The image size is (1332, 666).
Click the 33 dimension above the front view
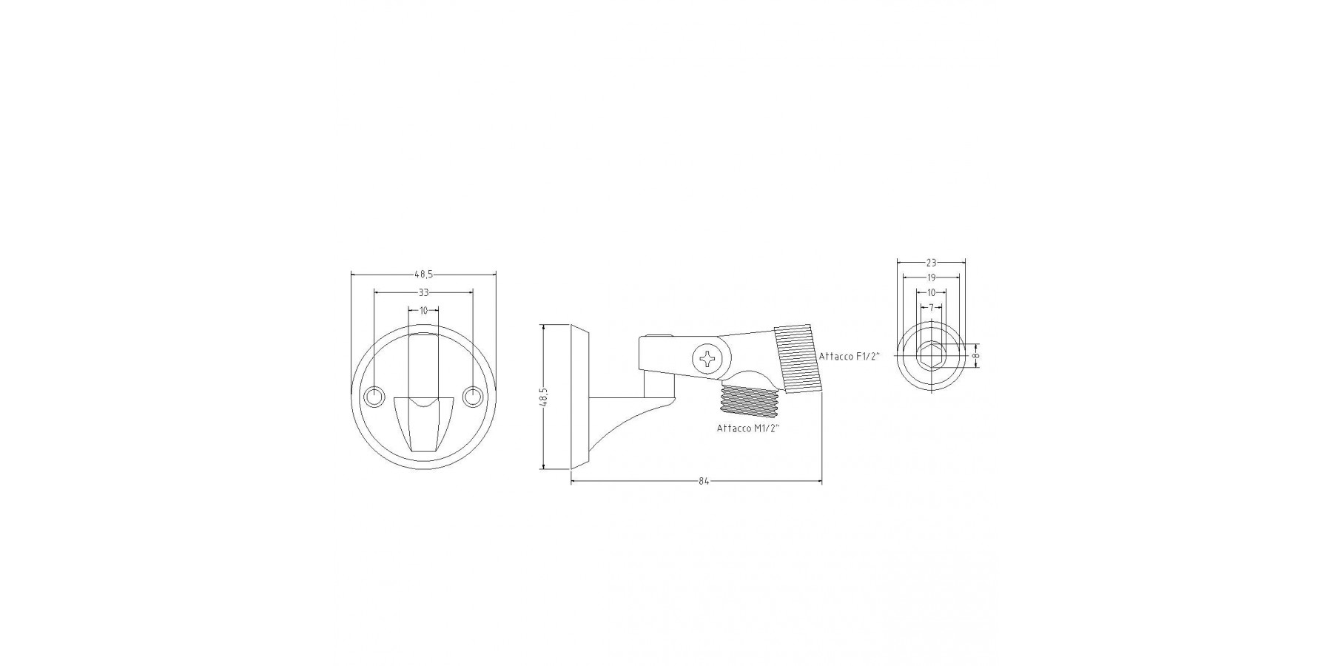[x=424, y=292]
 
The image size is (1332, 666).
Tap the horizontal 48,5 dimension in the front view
[x=424, y=274]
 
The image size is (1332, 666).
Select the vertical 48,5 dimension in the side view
[x=545, y=397]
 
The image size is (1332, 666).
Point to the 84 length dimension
[x=704, y=482]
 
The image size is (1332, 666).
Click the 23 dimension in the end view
[x=931, y=262]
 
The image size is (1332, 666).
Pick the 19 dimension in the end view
[x=931, y=277]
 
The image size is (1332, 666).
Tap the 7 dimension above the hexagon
[x=931, y=306]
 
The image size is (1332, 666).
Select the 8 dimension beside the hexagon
[x=976, y=356]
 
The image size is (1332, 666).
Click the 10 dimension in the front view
[x=424, y=311]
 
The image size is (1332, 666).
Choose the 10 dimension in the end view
[x=931, y=292]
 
